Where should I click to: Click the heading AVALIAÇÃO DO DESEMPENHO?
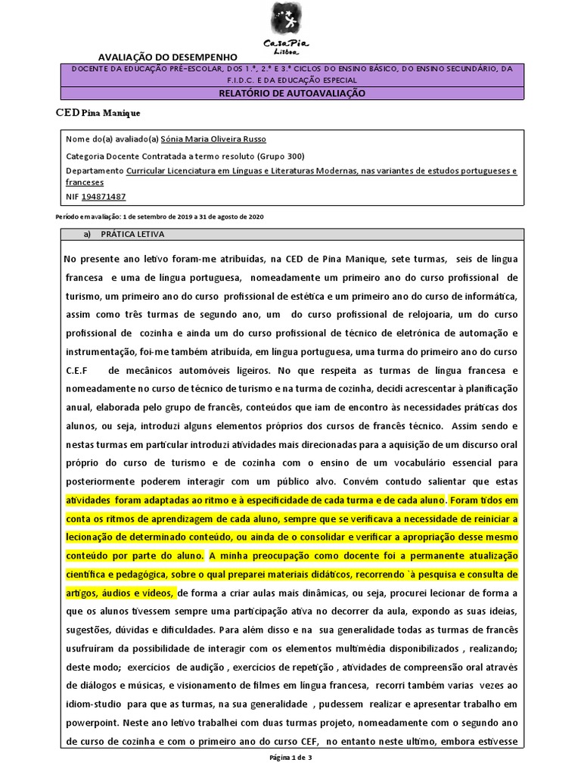pyautogui.click(x=168, y=57)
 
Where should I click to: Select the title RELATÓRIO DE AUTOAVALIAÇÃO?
pyautogui.click(x=291, y=92)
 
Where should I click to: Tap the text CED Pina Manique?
pyautogui.click(x=98, y=113)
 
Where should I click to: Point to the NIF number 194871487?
pyautogui.click(x=104, y=196)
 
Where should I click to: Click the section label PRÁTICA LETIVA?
pyautogui.click(x=132, y=234)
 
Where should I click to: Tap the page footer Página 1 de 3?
pyautogui.click(x=290, y=758)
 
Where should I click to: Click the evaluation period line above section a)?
pyautogui.click(x=160, y=216)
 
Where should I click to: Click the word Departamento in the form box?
pyautogui.click(x=95, y=171)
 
